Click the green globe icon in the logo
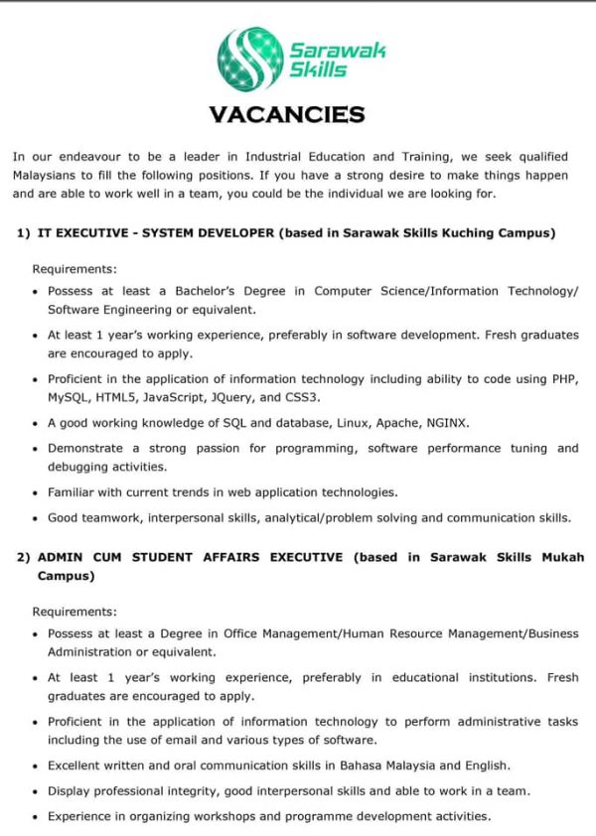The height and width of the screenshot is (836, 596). (x=249, y=60)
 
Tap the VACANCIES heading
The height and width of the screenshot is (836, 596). (x=287, y=115)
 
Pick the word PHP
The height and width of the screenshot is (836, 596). (x=563, y=379)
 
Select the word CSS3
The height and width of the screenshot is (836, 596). (x=303, y=397)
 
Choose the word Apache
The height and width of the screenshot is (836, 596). (x=396, y=422)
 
